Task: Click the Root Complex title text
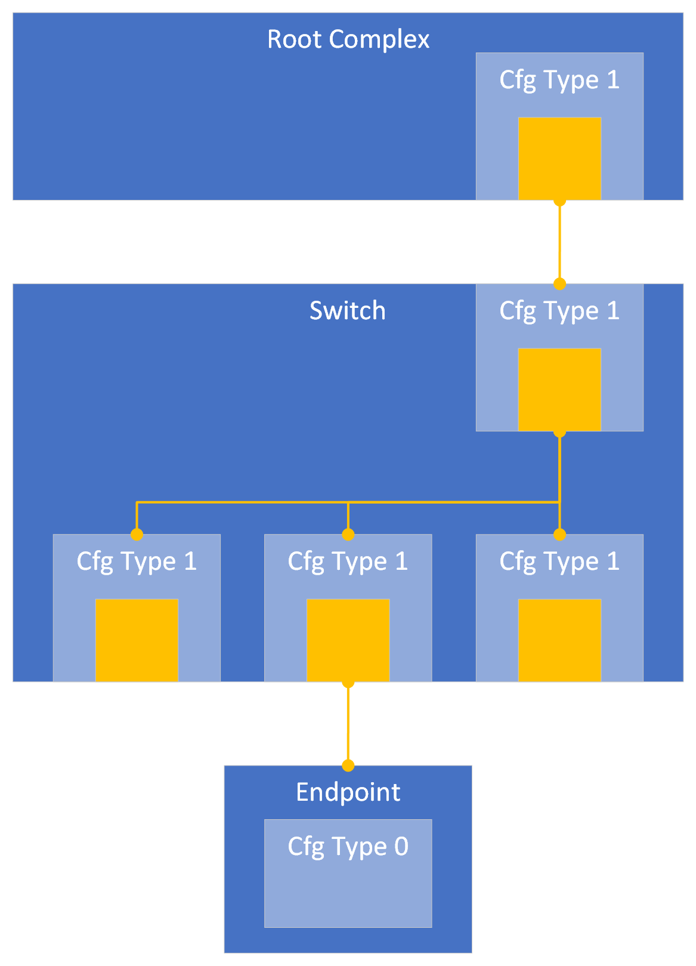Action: point(348,39)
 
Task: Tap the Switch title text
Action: point(347,311)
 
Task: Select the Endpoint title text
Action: point(348,792)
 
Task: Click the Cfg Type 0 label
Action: point(348,846)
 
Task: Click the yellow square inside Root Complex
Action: point(559,158)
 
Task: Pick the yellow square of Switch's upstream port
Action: point(559,389)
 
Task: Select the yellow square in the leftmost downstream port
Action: point(137,640)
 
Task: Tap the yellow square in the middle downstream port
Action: point(348,640)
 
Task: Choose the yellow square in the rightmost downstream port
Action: point(559,640)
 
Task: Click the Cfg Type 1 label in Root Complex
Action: point(559,80)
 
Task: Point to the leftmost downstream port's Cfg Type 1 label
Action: point(137,561)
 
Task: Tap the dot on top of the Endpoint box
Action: point(348,766)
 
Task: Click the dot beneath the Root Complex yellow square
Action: point(559,201)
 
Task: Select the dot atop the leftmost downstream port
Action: point(137,534)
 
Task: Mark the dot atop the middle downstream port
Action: point(348,534)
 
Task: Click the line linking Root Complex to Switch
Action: point(559,242)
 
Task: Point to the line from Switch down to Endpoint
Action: point(348,724)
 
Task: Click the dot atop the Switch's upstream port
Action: point(559,283)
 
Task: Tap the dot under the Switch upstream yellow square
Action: point(559,432)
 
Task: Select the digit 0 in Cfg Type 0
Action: point(401,846)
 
